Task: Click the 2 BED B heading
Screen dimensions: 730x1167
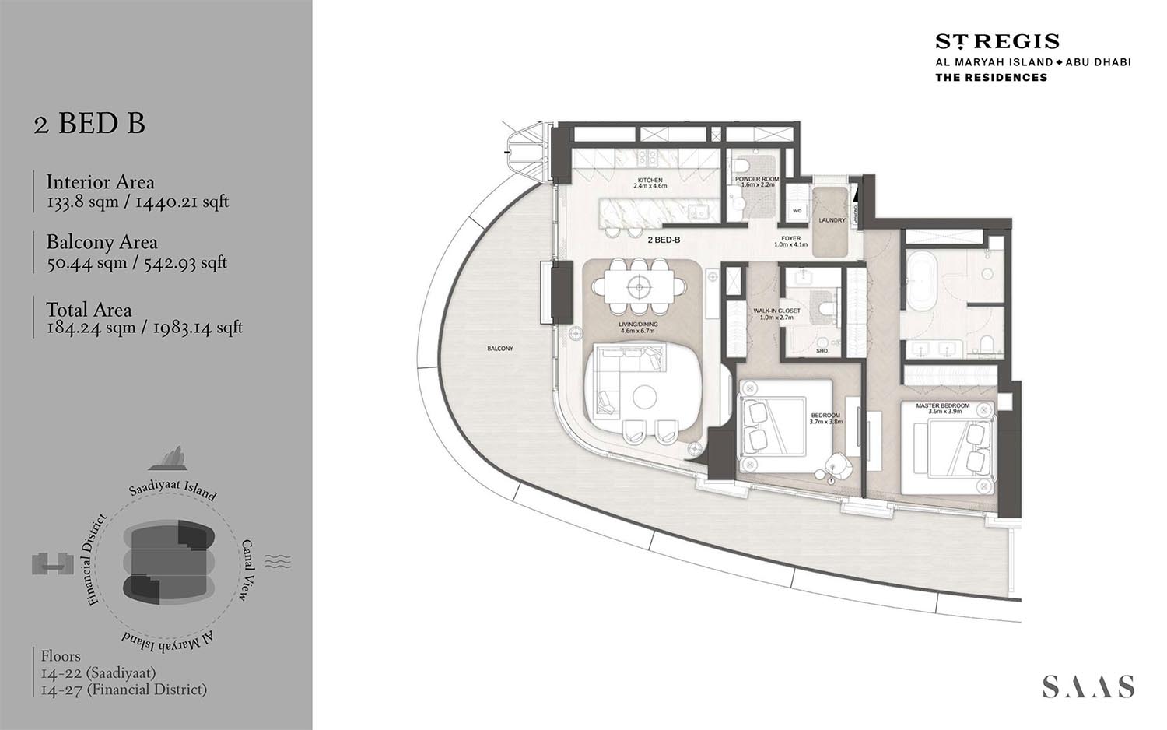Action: (x=89, y=124)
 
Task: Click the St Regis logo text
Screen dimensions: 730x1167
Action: (x=997, y=42)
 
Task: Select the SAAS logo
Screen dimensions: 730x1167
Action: (x=1088, y=686)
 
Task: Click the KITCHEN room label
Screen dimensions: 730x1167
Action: (x=650, y=180)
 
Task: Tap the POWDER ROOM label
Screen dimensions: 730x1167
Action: (x=756, y=179)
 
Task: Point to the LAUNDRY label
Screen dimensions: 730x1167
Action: (x=832, y=220)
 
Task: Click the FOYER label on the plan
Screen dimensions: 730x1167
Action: (x=790, y=239)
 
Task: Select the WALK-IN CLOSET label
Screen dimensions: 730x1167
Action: (x=776, y=311)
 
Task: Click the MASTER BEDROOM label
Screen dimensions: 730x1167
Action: (x=942, y=406)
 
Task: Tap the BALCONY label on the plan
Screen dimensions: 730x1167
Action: (x=500, y=349)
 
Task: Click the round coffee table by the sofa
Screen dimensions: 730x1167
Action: (x=644, y=397)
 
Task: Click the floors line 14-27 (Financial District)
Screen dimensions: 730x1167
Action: (x=124, y=690)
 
